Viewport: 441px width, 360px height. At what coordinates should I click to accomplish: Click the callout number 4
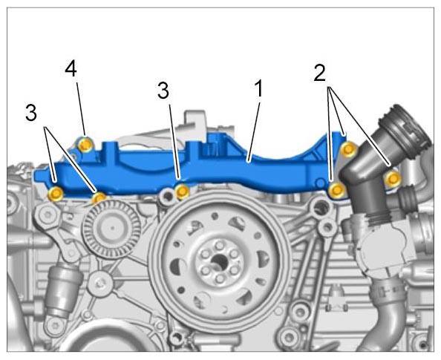71,69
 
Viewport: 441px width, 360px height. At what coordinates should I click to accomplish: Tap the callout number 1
259,88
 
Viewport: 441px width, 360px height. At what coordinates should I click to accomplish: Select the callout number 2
320,73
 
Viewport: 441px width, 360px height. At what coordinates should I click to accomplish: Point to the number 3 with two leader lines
31,113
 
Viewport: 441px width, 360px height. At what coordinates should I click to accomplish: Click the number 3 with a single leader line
163,91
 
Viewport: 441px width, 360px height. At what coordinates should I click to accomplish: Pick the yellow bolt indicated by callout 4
85,145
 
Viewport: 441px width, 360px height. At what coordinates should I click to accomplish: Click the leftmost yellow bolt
56,194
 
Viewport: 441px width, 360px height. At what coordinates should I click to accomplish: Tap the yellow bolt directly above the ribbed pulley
99,197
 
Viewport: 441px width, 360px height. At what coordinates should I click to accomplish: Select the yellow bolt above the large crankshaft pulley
182,192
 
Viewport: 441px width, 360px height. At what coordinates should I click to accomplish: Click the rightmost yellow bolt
393,178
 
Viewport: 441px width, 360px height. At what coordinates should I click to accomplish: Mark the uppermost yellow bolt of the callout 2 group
348,148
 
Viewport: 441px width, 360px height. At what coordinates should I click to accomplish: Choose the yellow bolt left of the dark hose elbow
336,190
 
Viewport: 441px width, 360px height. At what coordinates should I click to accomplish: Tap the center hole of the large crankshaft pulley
219,263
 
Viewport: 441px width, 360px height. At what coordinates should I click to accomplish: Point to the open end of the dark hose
405,124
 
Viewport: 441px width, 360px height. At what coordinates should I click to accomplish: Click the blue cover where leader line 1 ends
248,161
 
